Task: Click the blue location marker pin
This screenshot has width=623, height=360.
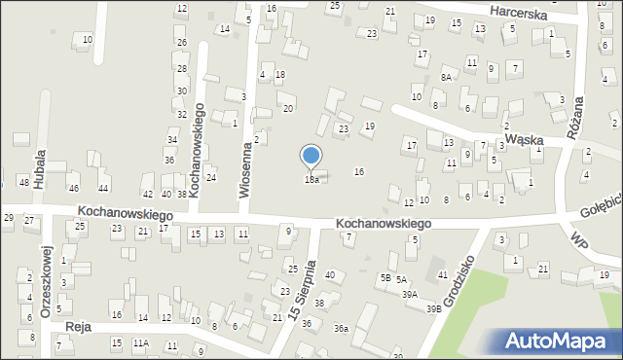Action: pos(311,156)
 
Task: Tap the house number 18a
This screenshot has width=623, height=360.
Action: pos(311,180)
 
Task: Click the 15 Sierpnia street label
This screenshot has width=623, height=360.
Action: pos(299,291)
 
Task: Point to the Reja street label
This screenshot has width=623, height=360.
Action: pos(78,328)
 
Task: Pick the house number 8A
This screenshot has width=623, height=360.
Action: pos(447,77)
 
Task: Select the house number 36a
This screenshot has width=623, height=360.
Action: pos(341,329)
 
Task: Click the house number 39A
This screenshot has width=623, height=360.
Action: pos(410,294)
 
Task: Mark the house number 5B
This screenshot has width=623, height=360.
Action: pos(385,278)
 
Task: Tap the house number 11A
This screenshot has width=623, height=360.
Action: pos(141,343)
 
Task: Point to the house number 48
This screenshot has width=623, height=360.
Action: pos(23,183)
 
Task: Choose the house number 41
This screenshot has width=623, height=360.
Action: pos(442,275)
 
